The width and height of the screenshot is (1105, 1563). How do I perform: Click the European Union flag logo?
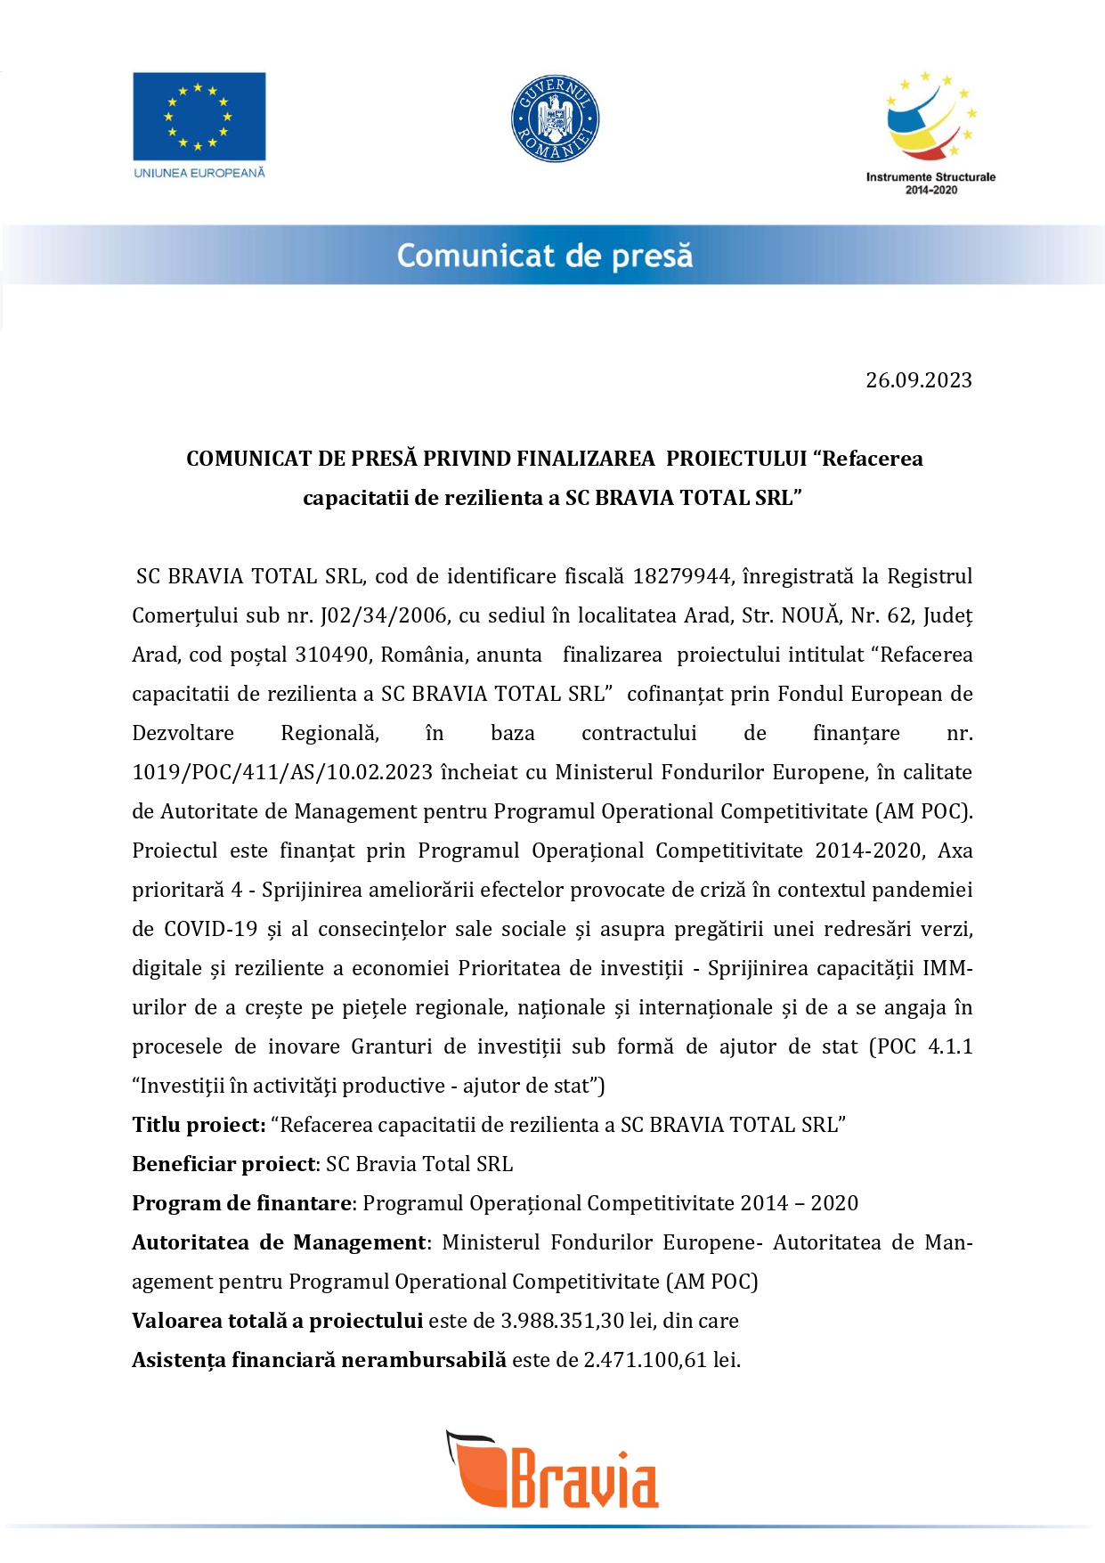coord(199,116)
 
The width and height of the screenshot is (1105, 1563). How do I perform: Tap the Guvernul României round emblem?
coord(555,118)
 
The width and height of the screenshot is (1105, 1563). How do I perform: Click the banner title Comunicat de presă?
coord(544,256)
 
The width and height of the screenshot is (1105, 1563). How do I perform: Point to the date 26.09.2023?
coord(918,380)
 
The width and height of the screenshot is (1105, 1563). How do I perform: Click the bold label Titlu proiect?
coord(199,1125)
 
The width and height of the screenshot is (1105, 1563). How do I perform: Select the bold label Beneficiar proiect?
coord(224,1164)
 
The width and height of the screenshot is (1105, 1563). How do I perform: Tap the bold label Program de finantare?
coord(241,1203)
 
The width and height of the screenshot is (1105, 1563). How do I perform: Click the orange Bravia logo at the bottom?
coord(553,1470)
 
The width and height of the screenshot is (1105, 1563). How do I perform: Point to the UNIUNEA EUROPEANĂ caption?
coord(199,173)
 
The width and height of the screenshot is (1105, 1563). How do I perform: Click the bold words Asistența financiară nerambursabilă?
coord(319,1360)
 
